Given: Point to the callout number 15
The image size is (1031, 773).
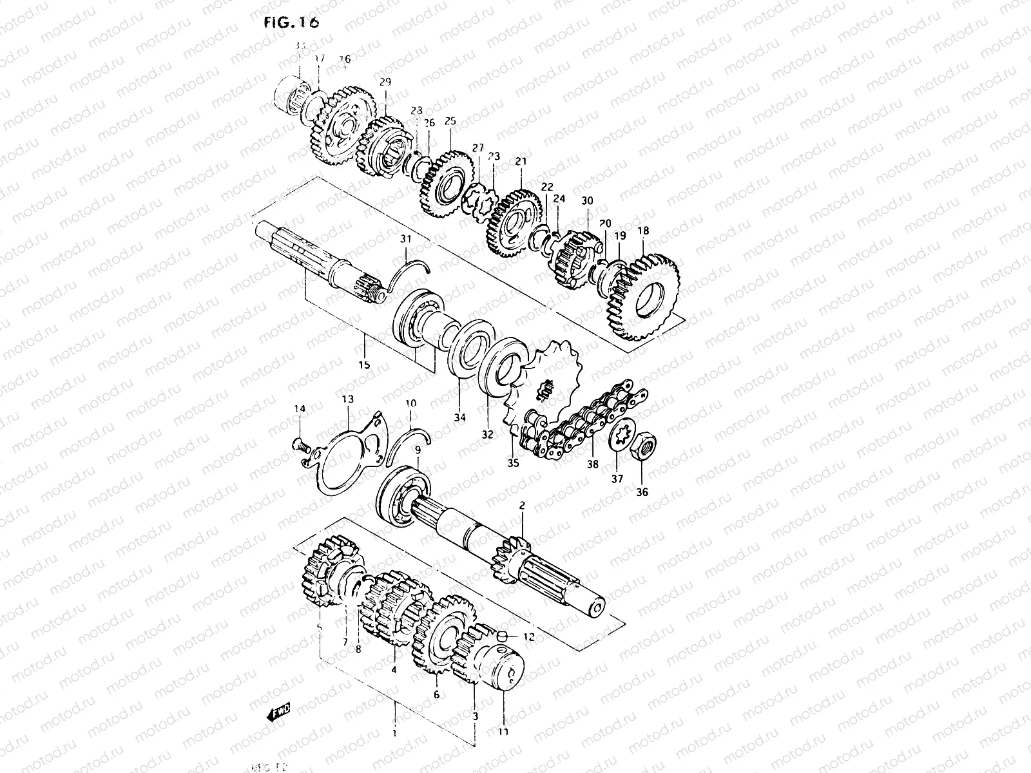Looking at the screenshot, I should [x=364, y=365].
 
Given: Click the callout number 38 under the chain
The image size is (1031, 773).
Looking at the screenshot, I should [x=592, y=464].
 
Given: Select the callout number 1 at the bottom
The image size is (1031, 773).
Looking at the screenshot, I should [x=394, y=733].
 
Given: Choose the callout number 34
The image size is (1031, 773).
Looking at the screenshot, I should [x=459, y=417].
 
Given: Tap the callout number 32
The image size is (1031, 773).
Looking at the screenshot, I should [x=487, y=434].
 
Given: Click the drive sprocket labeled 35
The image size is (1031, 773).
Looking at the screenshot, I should [x=548, y=380].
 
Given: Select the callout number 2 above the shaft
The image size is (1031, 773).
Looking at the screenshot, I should [x=522, y=506].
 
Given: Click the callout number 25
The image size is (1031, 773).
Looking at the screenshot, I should [x=450, y=120].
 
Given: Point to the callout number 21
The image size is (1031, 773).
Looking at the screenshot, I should [x=521, y=161].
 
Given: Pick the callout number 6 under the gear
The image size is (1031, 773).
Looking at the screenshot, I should [x=436, y=695].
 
